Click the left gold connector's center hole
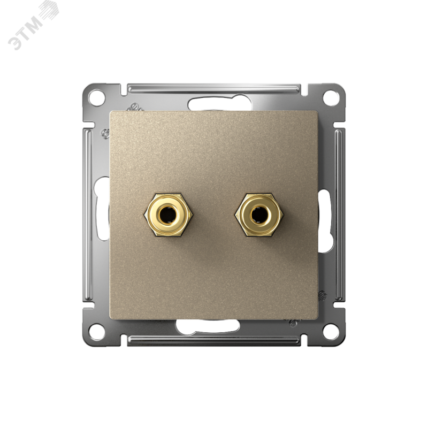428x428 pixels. click(x=167, y=214)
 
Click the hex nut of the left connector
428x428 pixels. click(x=167, y=215)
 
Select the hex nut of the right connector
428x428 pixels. click(x=258, y=215)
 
